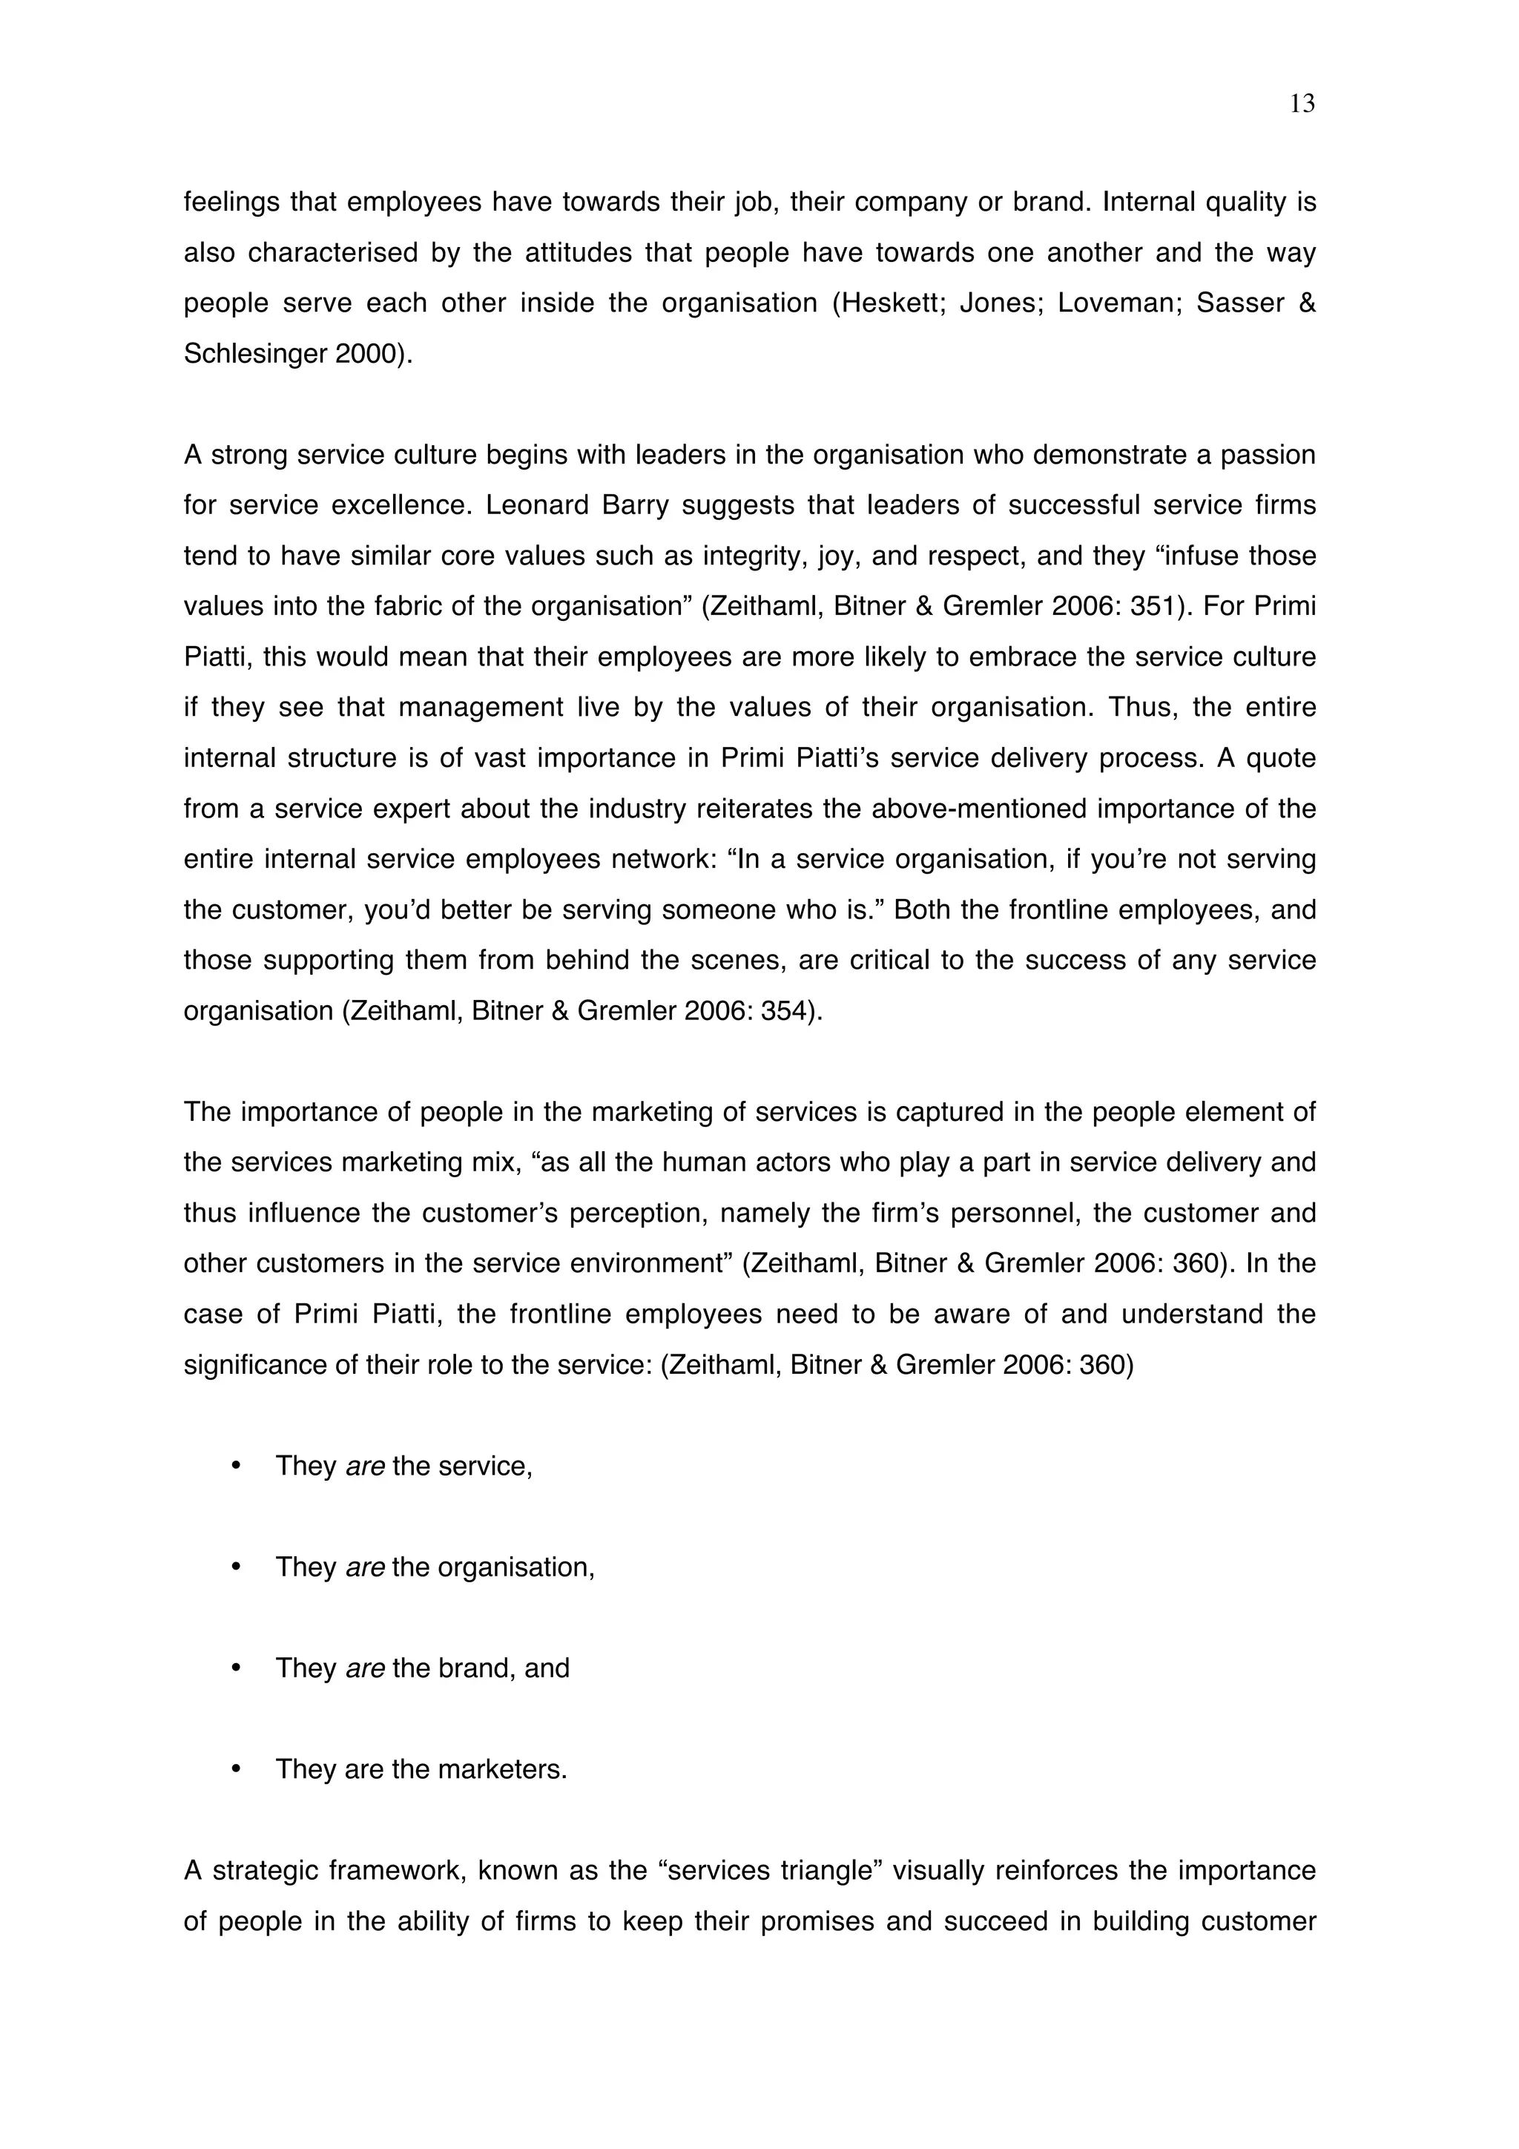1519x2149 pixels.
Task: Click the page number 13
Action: (1302, 104)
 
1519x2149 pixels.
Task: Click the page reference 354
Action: (782, 1011)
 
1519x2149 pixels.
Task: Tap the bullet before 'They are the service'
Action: (236, 1466)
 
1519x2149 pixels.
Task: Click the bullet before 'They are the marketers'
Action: (236, 1769)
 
